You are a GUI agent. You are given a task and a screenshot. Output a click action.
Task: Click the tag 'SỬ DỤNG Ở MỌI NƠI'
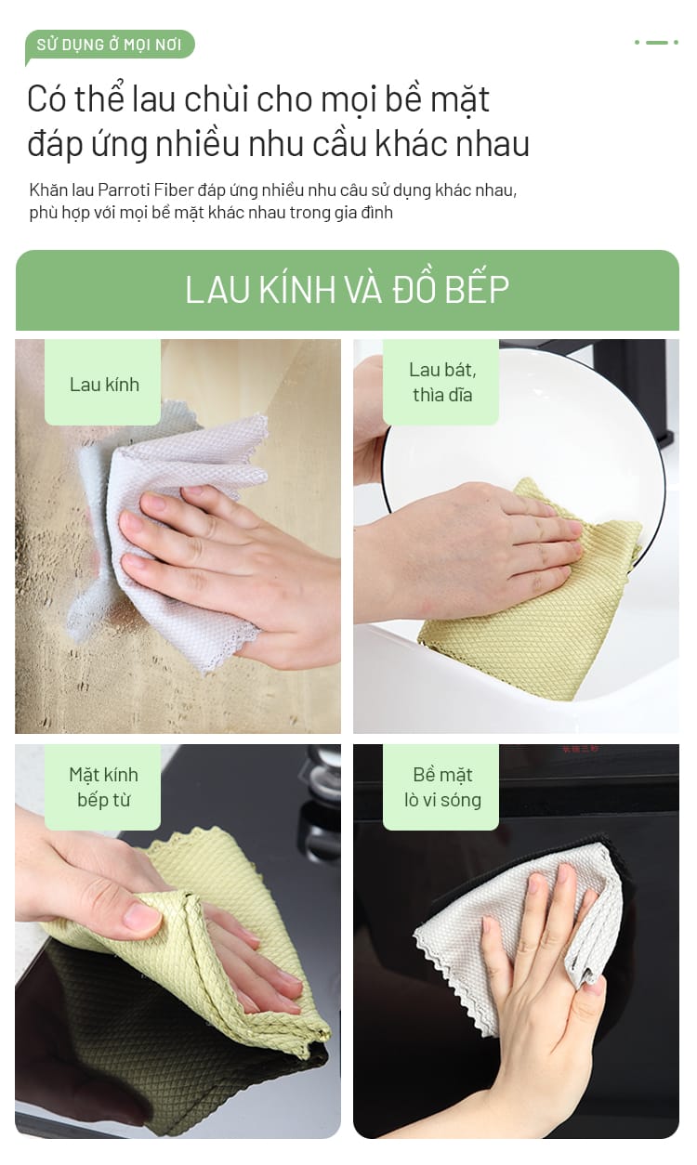110,45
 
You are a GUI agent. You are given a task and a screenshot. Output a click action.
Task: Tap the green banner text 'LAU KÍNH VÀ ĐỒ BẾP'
347,289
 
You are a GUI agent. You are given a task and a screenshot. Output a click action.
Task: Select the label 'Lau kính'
104,385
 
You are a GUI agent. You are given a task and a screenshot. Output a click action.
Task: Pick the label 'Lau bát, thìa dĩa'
442,382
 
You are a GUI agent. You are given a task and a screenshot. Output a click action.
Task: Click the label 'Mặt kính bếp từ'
103,787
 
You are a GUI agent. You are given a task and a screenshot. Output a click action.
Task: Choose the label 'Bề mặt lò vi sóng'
442,787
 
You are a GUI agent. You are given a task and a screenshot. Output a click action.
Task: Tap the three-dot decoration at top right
656,42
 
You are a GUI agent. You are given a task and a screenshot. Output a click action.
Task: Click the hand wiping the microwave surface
541,988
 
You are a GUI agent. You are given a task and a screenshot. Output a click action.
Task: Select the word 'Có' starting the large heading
46,99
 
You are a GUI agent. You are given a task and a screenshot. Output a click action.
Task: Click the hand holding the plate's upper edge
371,421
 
